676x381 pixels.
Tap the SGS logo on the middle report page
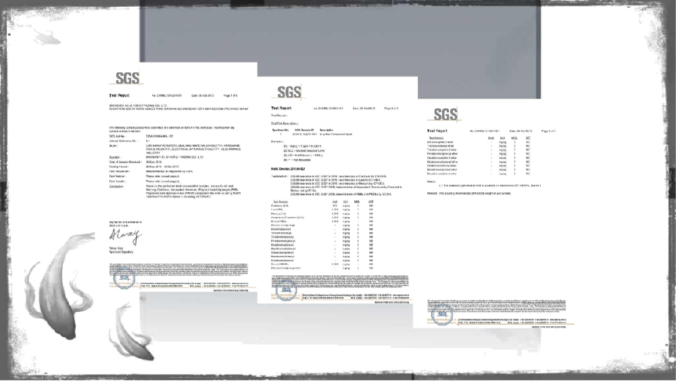(x=289, y=92)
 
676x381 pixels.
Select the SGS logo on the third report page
(x=445, y=114)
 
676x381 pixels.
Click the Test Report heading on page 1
(x=118, y=96)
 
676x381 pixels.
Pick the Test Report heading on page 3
(x=437, y=131)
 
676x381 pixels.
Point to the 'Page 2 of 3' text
(x=391, y=108)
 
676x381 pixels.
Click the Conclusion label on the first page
(x=119, y=185)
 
